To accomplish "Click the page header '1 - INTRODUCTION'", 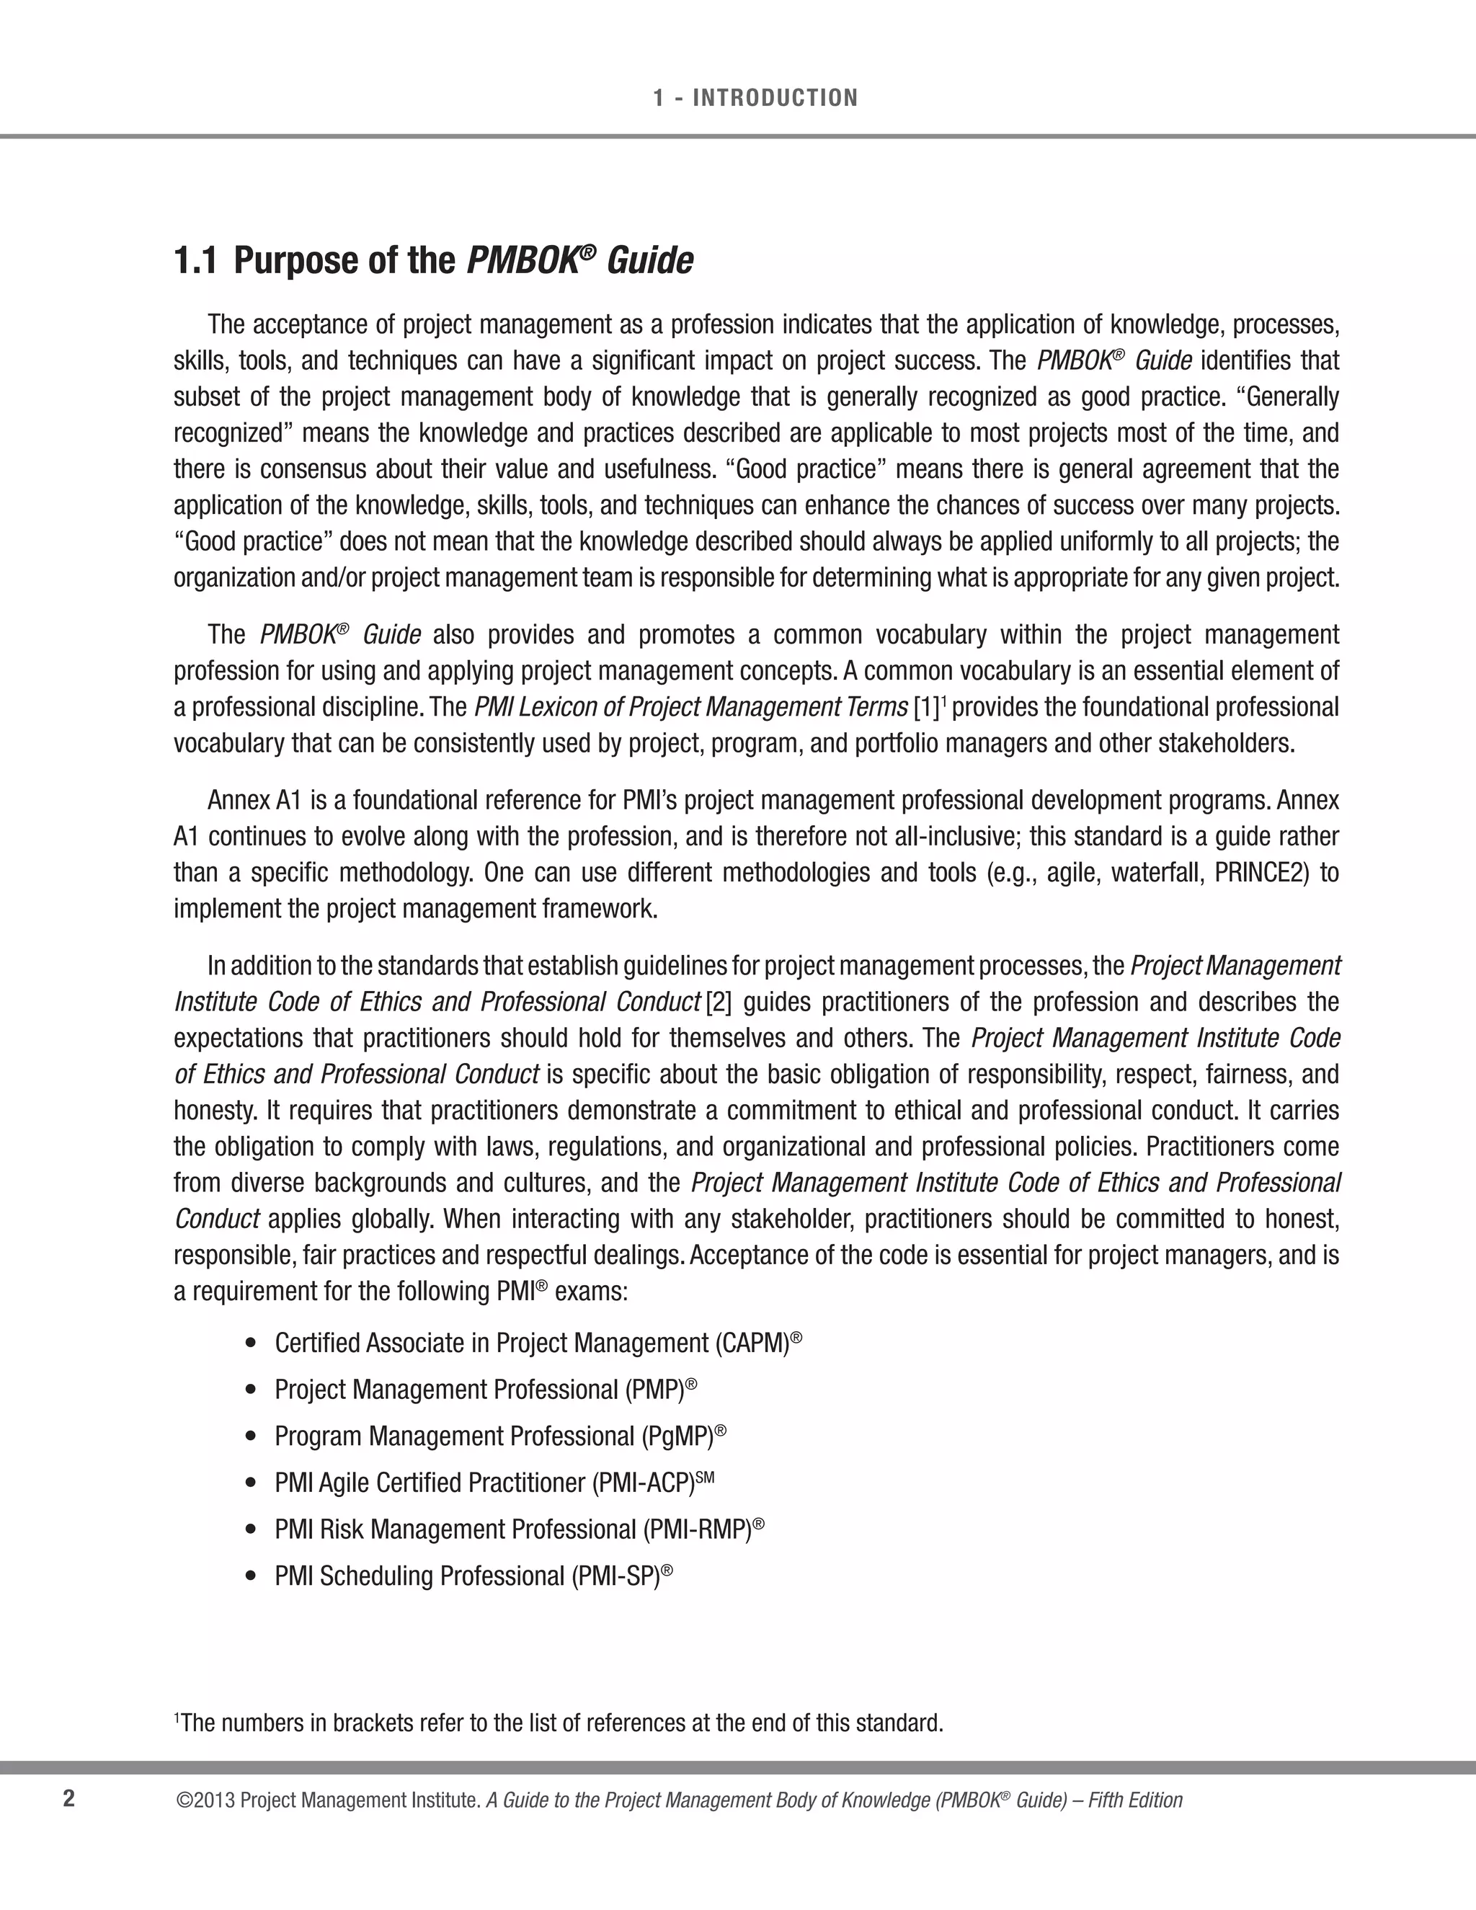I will [x=755, y=98].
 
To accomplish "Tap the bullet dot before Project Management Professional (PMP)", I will [x=252, y=1390].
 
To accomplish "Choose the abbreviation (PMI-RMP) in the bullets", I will [x=697, y=1529].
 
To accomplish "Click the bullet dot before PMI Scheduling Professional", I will [x=252, y=1576].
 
